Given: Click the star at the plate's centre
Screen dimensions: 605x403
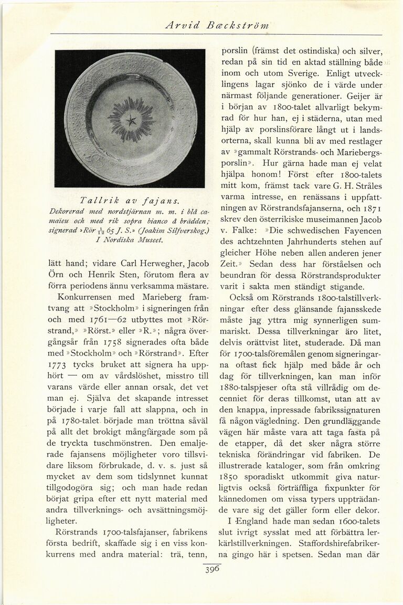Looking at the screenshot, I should point(129,120).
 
